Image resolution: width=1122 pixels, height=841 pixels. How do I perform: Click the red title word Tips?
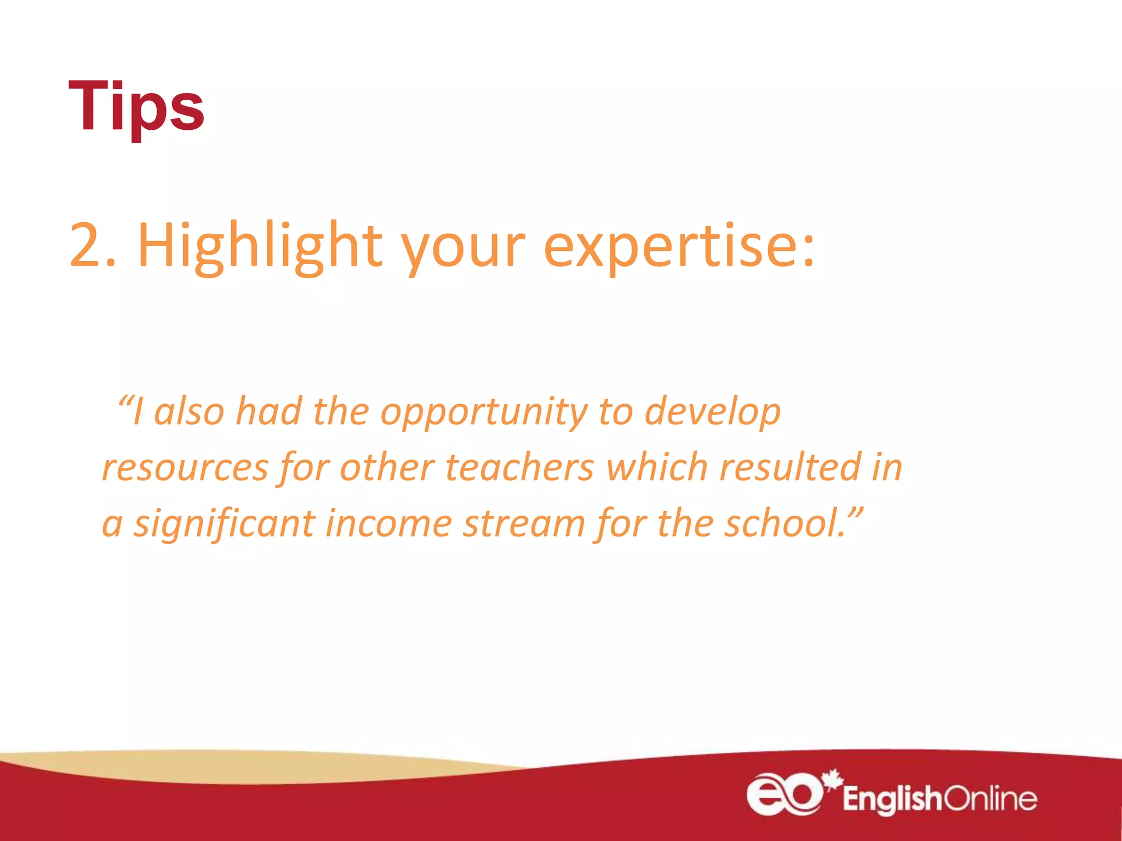tap(136, 106)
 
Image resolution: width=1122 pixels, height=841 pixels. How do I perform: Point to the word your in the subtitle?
tap(463, 249)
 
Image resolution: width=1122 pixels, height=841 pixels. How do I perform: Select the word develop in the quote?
tap(712, 412)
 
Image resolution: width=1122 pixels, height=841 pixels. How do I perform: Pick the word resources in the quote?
tap(185, 469)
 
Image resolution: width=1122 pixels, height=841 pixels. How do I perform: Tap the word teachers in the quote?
tap(519, 468)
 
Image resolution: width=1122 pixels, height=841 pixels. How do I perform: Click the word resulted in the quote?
tap(789, 468)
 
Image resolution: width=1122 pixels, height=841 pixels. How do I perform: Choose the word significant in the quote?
tap(225, 525)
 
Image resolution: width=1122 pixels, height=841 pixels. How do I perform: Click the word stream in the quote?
tap(524, 523)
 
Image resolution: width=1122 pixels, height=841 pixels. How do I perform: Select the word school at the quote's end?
tap(783, 523)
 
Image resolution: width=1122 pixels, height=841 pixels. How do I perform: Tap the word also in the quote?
tap(189, 412)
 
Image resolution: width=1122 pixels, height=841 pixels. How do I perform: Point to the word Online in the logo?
tap(989, 799)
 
